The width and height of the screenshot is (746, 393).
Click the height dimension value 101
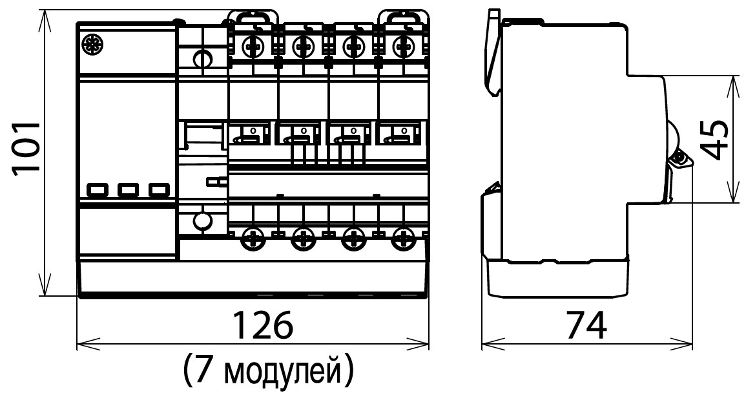26,149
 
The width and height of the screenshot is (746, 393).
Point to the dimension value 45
715,139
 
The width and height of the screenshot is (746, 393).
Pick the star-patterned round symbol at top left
90,45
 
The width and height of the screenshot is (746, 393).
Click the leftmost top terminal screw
252,47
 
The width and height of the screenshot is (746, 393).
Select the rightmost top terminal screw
404,47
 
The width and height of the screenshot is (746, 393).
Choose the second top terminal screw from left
302,47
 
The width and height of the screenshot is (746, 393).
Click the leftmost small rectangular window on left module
97,190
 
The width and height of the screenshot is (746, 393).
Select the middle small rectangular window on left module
127,190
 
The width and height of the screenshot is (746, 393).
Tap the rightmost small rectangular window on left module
158,190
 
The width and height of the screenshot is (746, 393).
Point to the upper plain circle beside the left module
203,59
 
